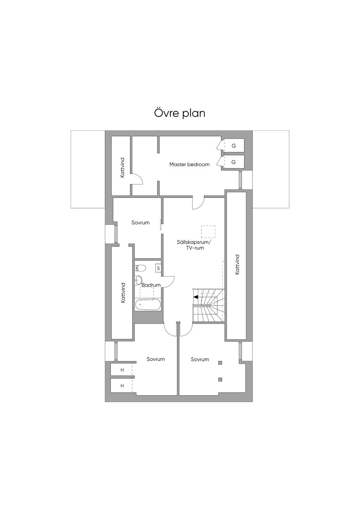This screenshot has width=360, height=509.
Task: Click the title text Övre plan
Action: pyautogui.click(x=180, y=113)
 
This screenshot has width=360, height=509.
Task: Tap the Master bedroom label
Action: pyautogui.click(x=189, y=165)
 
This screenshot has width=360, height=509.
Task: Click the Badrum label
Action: pyautogui.click(x=151, y=285)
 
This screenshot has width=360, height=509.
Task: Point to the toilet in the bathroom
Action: pyautogui.click(x=140, y=268)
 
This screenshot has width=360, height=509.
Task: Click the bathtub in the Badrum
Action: pyautogui.click(x=148, y=305)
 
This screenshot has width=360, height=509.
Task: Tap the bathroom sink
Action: pyautogui.click(x=138, y=281)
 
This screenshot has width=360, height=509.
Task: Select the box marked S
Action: pyautogui.click(x=158, y=268)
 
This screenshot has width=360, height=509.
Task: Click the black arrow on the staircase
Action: pyautogui.click(x=196, y=297)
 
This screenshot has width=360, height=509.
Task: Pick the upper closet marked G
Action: pyautogui.click(x=233, y=146)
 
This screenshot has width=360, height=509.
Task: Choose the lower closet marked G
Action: pyautogui.click(x=233, y=162)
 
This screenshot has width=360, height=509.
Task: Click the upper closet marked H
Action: pyautogui.click(x=122, y=370)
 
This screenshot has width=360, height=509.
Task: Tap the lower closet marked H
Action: pyautogui.click(x=122, y=386)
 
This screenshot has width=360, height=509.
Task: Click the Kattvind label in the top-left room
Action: pyautogui.click(x=122, y=167)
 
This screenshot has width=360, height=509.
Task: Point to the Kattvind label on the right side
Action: pyautogui.click(x=237, y=264)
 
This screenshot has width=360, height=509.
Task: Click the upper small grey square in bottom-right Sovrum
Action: pyautogui.click(x=220, y=363)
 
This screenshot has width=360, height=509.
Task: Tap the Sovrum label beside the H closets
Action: pyautogui.click(x=156, y=359)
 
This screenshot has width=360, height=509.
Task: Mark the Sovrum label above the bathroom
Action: pyautogui.click(x=141, y=223)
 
